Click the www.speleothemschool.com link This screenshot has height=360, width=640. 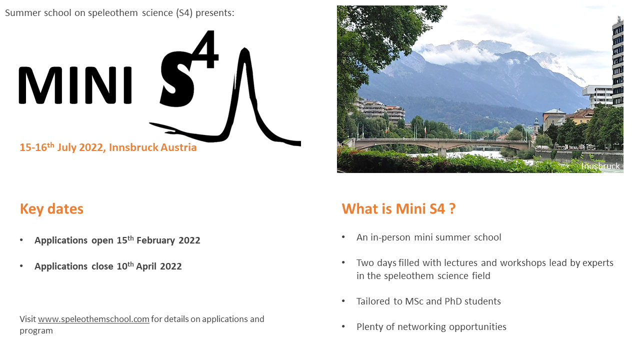93,319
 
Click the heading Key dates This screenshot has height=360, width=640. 51,209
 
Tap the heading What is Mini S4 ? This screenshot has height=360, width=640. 398,208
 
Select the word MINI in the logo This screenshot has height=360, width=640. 75,85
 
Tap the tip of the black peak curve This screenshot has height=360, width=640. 244,49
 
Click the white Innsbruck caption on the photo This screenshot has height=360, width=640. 600,166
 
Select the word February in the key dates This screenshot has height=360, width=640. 155,240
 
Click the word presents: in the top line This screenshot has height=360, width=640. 215,13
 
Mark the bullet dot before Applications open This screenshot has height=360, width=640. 21,240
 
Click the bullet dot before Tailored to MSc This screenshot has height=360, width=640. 343,301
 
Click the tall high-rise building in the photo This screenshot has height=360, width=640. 617,61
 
